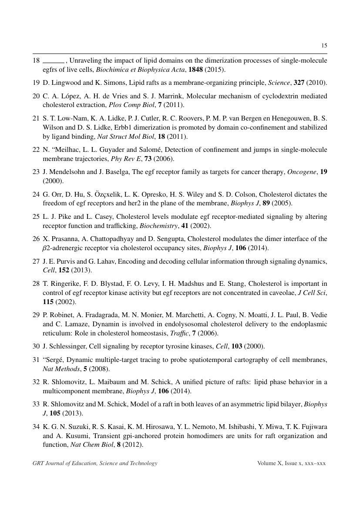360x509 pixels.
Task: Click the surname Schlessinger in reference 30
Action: [x=68, y=346]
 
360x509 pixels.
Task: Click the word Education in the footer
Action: [x=81, y=463]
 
